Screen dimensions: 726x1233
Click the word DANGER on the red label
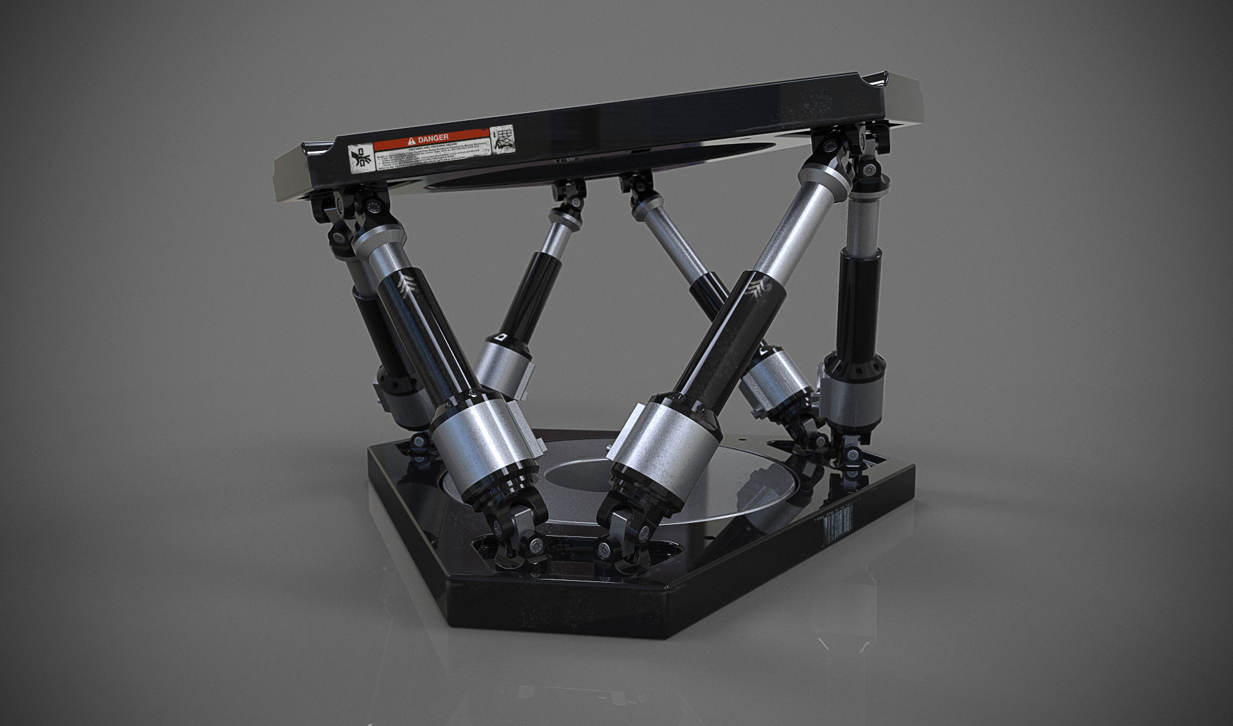433,139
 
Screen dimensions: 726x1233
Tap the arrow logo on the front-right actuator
755,289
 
